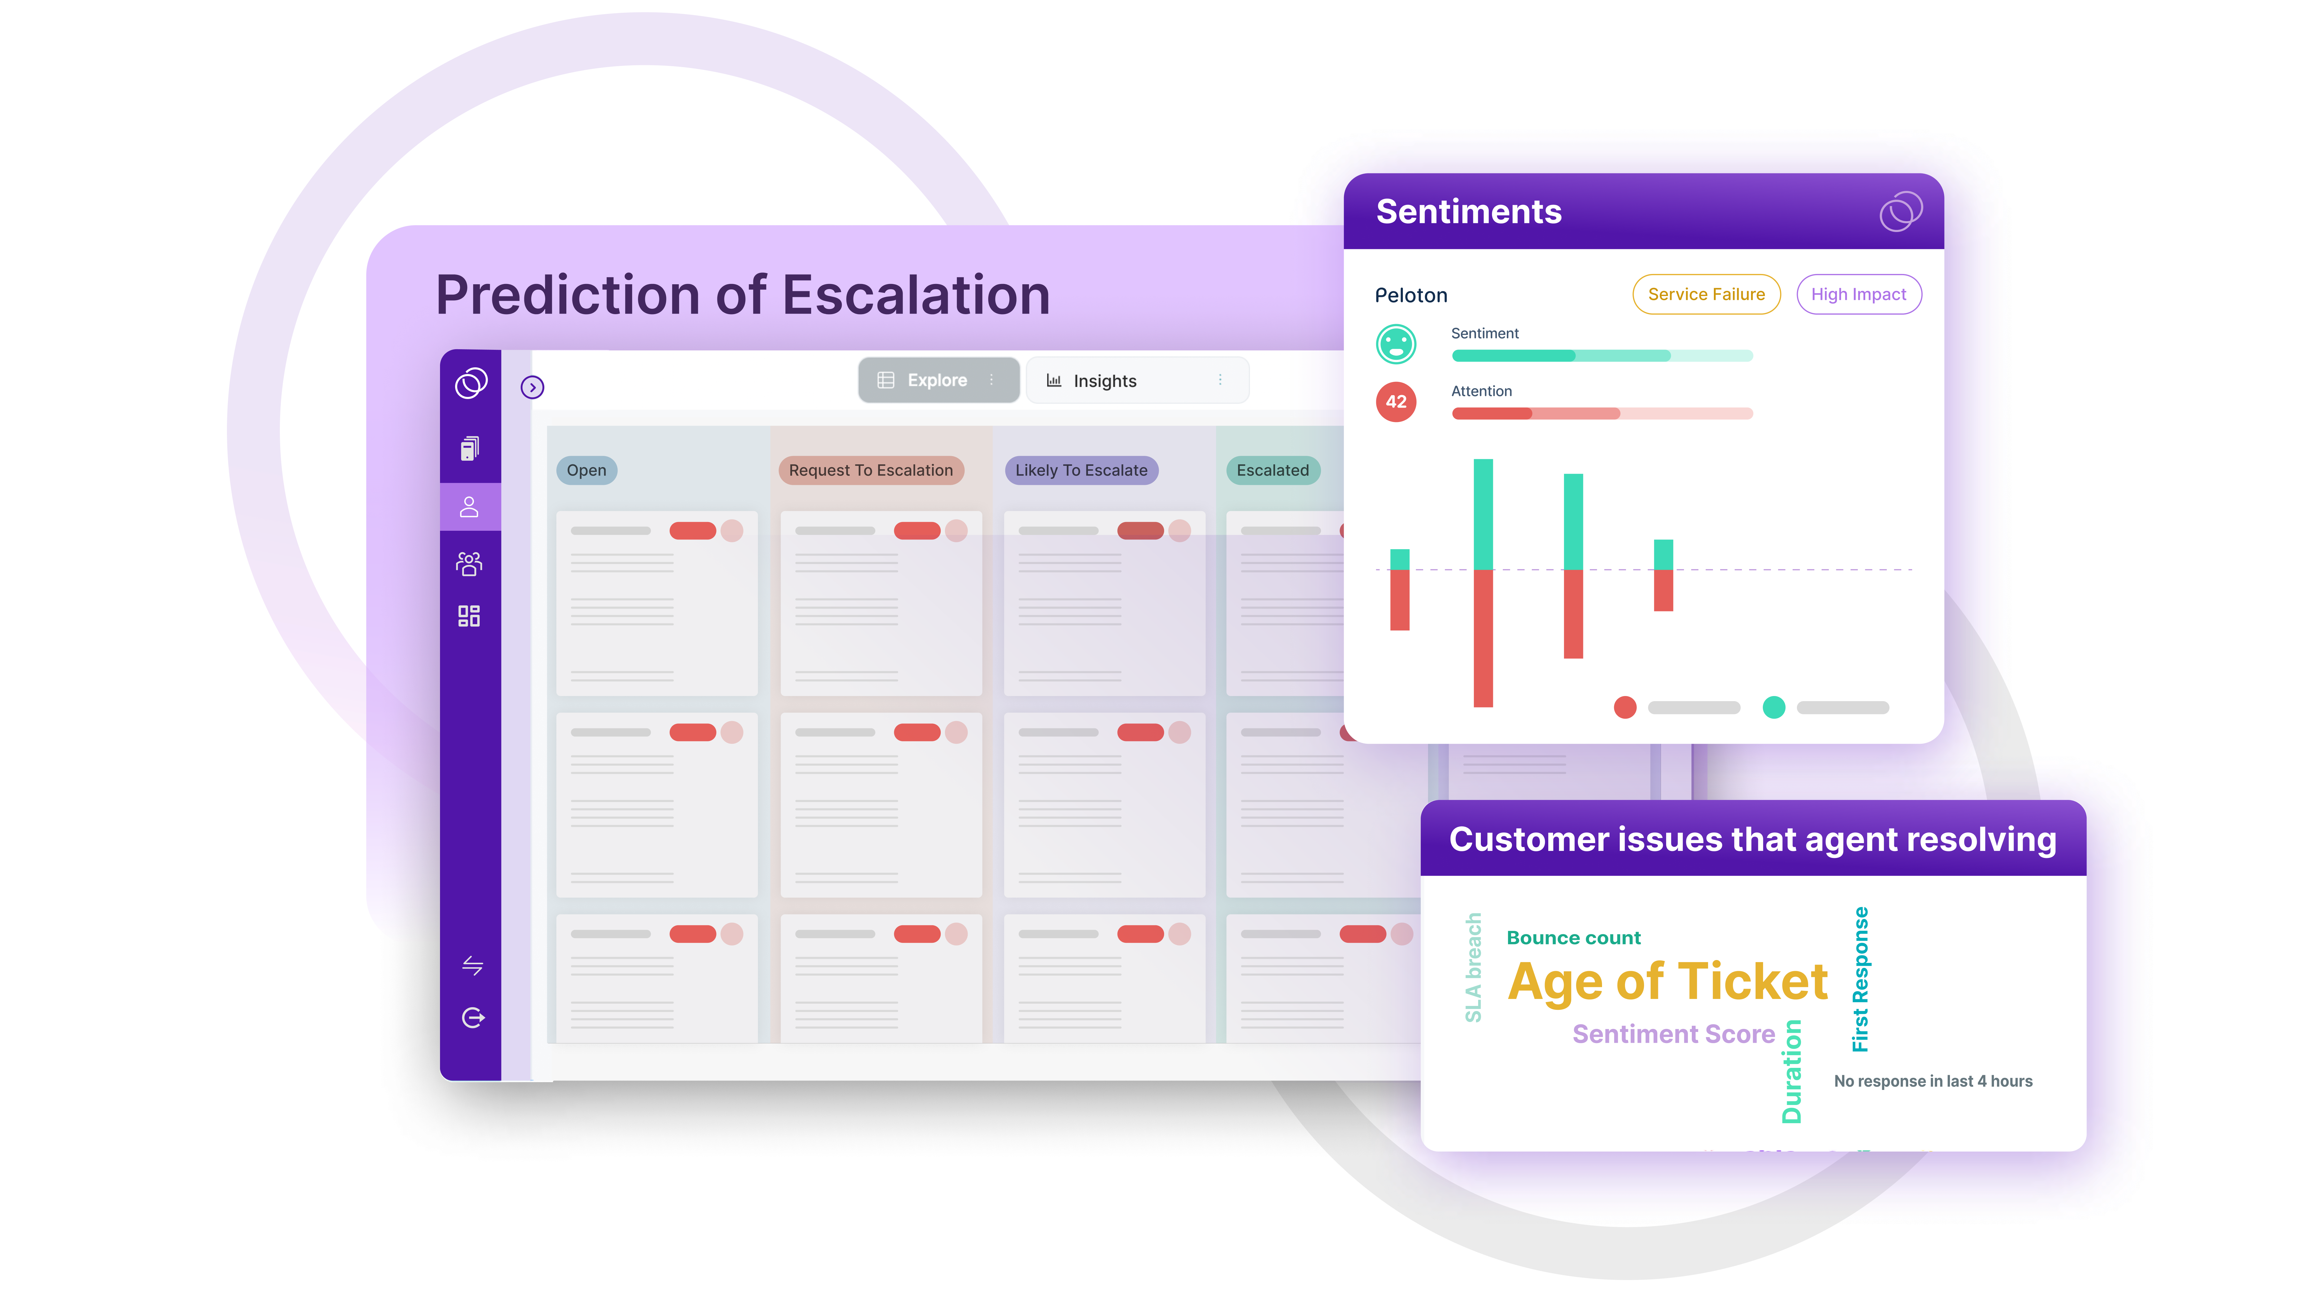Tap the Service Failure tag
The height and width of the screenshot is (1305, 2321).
(1706, 295)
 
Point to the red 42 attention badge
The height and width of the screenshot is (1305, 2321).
(1396, 402)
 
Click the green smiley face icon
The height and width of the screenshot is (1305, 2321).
(1396, 344)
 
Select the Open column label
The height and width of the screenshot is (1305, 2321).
(587, 470)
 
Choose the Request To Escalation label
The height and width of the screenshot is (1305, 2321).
(870, 470)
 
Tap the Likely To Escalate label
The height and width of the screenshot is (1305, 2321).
(1081, 470)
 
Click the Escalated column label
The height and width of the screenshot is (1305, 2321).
(1272, 470)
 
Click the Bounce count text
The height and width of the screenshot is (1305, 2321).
(1573, 938)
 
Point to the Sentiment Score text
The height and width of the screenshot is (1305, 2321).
(1673, 1034)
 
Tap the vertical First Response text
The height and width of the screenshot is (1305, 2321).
(1860, 979)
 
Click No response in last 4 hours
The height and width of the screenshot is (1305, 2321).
(1933, 1081)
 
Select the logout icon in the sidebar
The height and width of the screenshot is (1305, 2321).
(472, 1018)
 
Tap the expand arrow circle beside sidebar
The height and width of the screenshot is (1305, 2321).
(533, 387)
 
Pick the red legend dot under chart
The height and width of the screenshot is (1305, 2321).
(1624, 707)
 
